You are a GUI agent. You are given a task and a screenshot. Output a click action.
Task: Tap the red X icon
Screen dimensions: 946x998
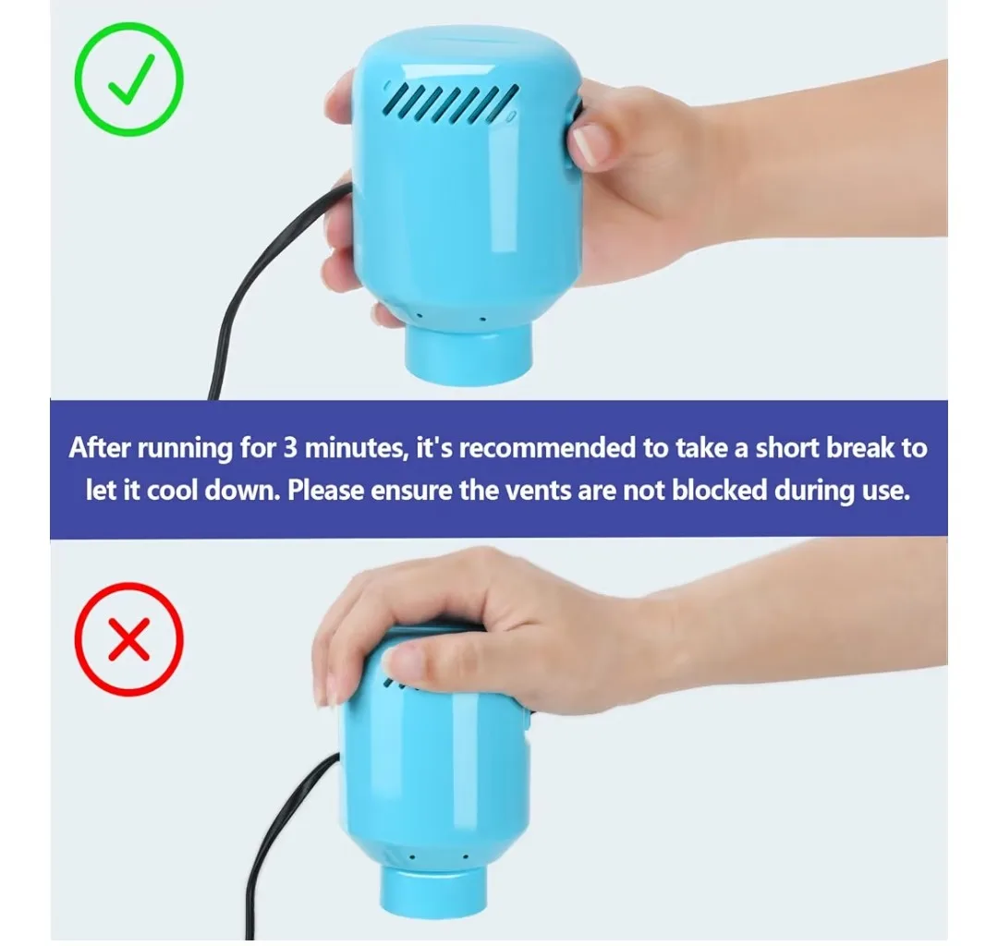point(128,637)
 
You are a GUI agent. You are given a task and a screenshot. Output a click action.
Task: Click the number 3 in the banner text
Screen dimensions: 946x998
point(289,449)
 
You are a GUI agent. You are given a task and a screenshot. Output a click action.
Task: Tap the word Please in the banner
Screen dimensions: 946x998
point(326,490)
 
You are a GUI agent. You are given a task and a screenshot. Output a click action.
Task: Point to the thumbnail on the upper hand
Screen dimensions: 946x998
point(589,146)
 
